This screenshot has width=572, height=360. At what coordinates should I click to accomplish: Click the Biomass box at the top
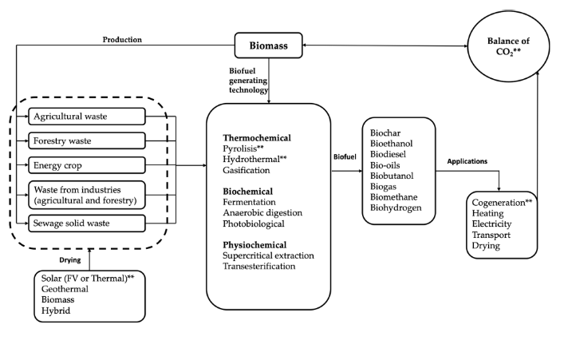pyautogui.click(x=269, y=46)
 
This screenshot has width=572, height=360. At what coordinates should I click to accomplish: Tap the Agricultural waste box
pyautogui.click(x=86, y=117)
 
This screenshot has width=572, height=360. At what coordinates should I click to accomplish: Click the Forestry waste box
pyautogui.click(x=86, y=140)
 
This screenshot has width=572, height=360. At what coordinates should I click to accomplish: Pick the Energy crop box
pyautogui.click(x=86, y=165)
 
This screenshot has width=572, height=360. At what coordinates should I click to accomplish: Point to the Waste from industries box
pyautogui.click(x=86, y=195)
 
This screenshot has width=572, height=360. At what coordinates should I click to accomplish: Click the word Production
pyautogui.click(x=123, y=40)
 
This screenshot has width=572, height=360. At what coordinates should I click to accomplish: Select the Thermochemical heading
pyautogui.click(x=257, y=136)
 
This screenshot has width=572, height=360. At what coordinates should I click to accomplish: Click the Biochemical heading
pyautogui.click(x=248, y=192)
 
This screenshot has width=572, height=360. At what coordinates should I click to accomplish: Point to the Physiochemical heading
pyautogui.click(x=254, y=243)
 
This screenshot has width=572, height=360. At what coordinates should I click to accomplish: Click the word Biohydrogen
pyautogui.click(x=396, y=208)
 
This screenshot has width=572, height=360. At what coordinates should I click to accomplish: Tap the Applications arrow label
pyautogui.click(x=467, y=160)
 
